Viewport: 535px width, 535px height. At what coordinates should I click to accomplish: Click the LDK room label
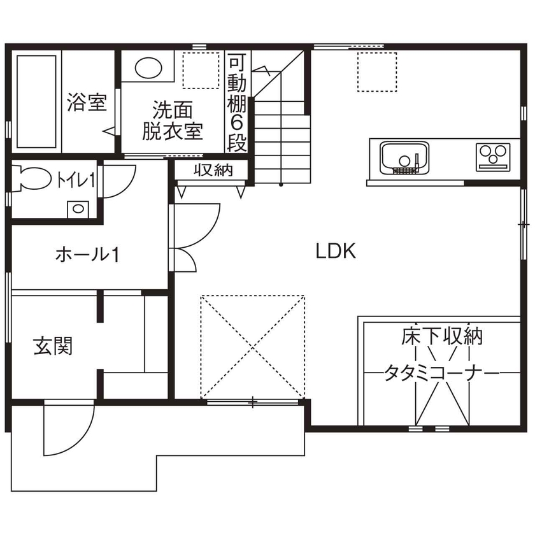(336, 251)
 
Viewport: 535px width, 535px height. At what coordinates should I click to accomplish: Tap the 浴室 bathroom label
(86, 102)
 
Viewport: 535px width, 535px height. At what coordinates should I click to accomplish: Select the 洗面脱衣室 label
(172, 120)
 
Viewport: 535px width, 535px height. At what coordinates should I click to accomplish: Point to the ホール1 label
(88, 255)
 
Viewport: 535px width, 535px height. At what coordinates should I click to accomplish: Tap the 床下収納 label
(442, 336)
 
